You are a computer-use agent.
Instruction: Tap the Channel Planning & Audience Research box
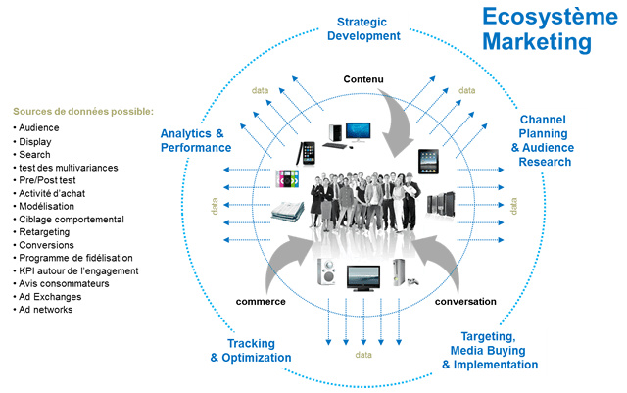(x=542, y=139)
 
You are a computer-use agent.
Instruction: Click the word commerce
(x=261, y=302)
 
